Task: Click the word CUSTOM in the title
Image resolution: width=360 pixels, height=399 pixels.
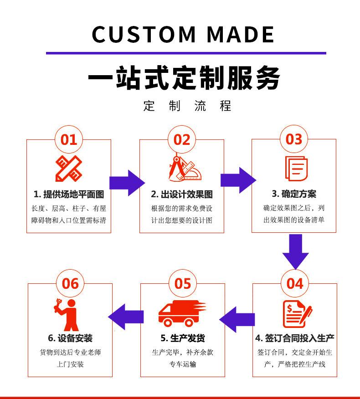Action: click(144, 34)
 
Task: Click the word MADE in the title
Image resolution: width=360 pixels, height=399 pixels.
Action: click(241, 34)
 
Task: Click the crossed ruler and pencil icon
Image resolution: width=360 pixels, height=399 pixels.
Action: click(69, 169)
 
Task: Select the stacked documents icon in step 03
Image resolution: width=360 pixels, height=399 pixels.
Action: click(296, 169)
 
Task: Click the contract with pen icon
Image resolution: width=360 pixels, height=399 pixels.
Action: click(298, 314)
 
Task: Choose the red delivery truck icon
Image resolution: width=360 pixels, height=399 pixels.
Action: click(182, 313)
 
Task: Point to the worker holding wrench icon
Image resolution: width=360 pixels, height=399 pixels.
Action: click(66, 315)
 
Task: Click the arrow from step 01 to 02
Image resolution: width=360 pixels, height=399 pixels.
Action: click(127, 183)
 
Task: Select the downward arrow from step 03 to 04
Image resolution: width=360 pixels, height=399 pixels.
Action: click(296, 252)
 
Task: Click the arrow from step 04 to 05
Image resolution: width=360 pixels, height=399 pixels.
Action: click(237, 320)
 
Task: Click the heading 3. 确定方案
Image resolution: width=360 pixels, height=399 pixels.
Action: click(294, 194)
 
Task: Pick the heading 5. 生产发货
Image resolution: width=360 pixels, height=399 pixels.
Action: click(183, 338)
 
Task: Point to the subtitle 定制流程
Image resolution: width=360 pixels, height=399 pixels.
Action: click(187, 106)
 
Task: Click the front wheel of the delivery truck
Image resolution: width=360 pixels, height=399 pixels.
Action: click(168, 322)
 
